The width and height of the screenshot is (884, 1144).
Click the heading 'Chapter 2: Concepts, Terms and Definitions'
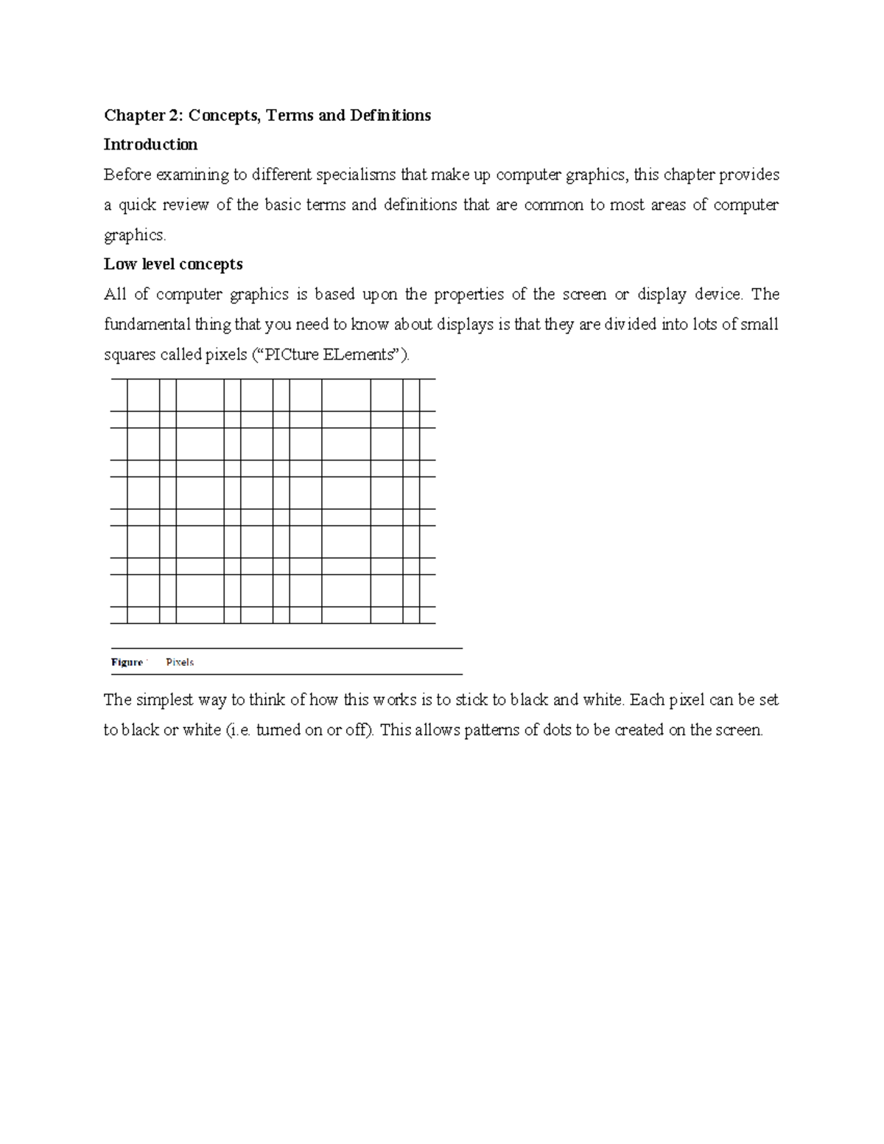(267, 116)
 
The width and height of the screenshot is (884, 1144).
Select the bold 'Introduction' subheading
(150, 144)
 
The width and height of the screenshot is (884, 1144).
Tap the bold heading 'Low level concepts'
(173, 264)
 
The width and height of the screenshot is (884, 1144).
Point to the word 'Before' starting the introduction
(124, 175)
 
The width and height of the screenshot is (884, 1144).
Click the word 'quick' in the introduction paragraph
(137, 206)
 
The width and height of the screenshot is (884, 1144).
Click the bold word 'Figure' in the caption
(127, 662)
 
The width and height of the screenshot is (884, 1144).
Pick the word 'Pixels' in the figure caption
(180, 662)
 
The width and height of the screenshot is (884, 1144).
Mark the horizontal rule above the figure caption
(286, 648)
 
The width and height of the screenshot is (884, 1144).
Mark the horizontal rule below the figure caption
(286, 674)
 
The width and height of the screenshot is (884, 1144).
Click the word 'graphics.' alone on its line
(136, 236)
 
